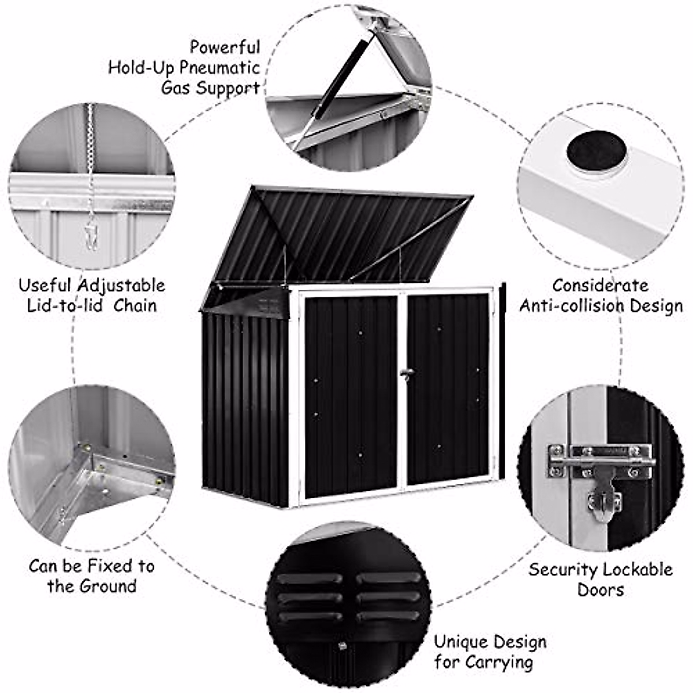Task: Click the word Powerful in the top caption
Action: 225,47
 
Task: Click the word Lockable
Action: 638,569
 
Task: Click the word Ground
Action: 108,586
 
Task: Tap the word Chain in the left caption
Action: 135,305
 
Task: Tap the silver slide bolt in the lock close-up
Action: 601,461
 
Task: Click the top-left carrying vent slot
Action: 310,578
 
